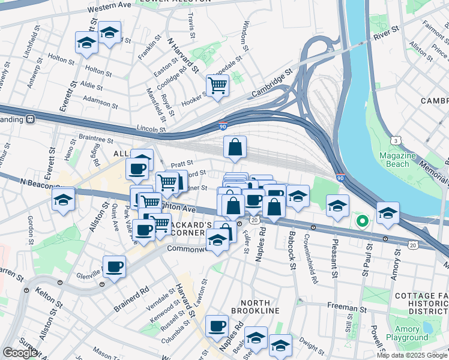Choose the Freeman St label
(343, 307)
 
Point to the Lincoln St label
(151, 129)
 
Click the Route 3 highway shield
(396, 140)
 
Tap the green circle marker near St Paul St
(362, 221)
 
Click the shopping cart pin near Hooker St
(217, 85)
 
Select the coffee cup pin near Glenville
(114, 267)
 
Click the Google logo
(20, 353)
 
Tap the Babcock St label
(292, 247)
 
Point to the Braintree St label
(95, 140)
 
